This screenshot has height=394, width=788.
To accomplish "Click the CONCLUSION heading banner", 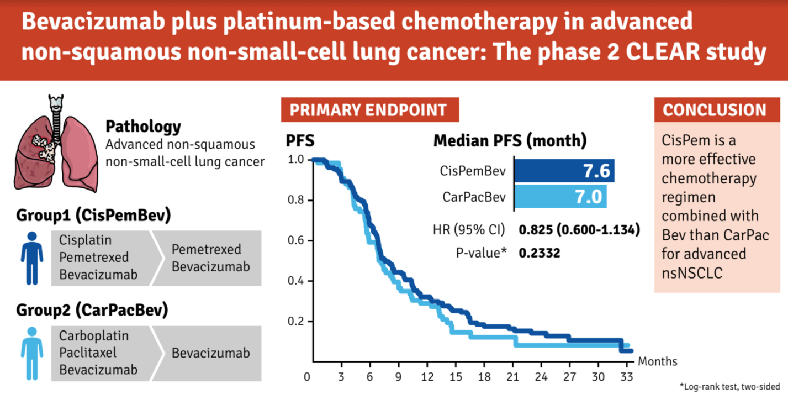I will [x=715, y=109].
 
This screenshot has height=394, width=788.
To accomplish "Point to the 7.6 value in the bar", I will [x=596, y=171].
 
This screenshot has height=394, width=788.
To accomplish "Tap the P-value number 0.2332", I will [x=540, y=253].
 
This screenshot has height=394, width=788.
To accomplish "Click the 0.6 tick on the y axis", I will [x=296, y=240].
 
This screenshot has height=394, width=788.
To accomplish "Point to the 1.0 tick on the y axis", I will [x=296, y=160].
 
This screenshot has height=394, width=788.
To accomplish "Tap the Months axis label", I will [x=658, y=361].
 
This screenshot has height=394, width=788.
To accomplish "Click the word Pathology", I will [x=143, y=127].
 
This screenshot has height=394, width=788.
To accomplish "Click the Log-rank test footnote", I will [x=729, y=386].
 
